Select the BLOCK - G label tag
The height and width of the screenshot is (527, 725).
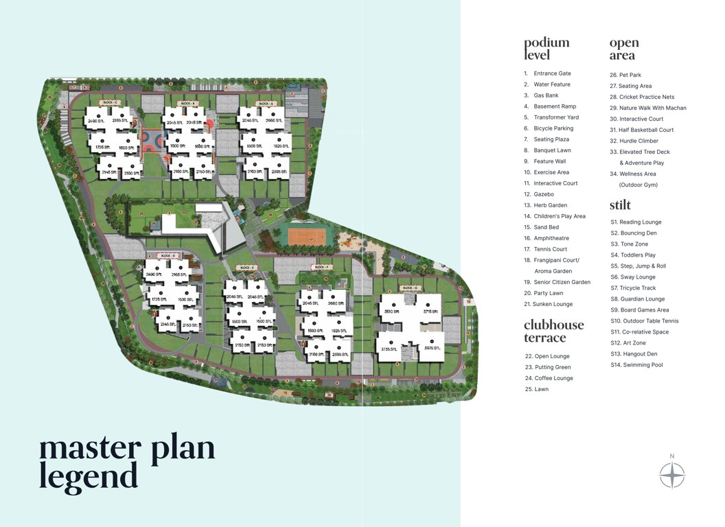pos(410,288)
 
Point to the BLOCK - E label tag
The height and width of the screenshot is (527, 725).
pos(246,268)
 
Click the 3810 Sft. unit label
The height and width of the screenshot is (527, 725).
pos(392,311)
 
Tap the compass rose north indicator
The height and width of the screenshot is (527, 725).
pos(672,473)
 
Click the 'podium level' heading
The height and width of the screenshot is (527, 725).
pos(546,49)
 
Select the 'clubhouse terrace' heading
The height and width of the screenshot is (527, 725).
pos(554,331)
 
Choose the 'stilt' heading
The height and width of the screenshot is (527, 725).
pos(620,205)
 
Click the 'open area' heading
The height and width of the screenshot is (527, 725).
pos(624,49)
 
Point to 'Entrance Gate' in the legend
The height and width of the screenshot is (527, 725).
pos(552,73)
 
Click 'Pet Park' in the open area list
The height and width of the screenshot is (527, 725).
pos(630,75)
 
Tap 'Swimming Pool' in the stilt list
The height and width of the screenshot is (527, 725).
pos(641,365)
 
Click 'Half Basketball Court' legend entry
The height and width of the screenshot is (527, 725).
pos(646,130)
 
